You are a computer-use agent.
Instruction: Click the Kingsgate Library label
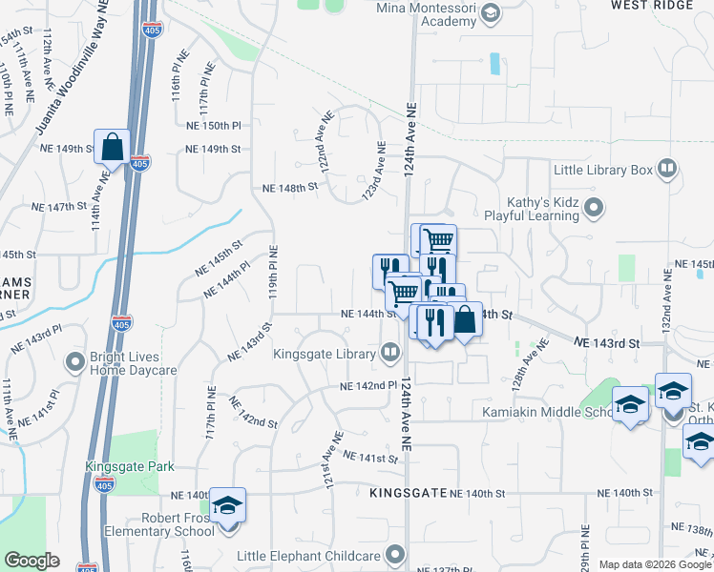click(325, 355)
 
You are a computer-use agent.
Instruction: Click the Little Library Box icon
click(666, 171)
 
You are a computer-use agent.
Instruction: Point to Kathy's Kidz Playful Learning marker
click(595, 207)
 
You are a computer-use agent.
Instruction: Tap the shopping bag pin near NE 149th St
click(112, 148)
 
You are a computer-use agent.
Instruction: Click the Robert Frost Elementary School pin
click(228, 505)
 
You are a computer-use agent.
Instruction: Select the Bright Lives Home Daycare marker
click(74, 362)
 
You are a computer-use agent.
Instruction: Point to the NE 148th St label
click(291, 188)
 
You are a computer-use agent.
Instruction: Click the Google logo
click(32, 561)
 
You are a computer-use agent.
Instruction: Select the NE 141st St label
click(370, 459)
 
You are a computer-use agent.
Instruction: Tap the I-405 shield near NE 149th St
click(139, 163)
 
